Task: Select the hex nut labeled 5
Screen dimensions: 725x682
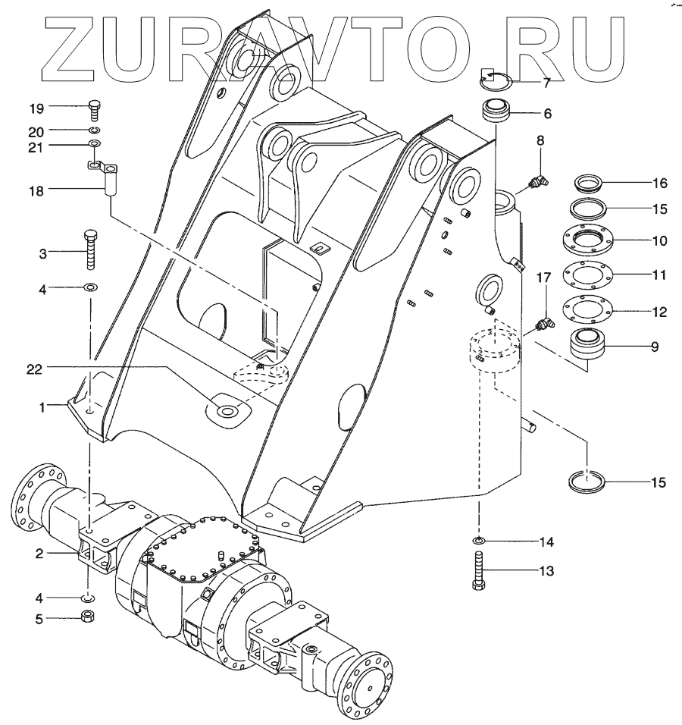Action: [87, 617]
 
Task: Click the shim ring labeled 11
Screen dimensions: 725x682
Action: [588, 274]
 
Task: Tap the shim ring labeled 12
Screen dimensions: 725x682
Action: [588, 310]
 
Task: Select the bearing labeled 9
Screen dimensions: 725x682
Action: [587, 345]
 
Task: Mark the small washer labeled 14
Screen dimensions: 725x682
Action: [479, 541]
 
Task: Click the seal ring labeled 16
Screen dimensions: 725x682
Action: [588, 184]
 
